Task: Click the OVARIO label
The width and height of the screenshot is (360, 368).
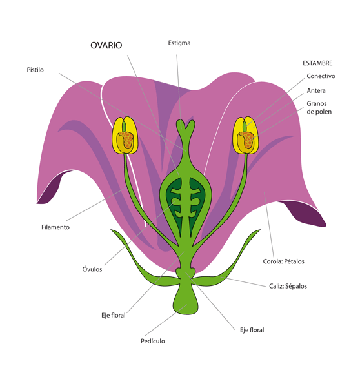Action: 105,46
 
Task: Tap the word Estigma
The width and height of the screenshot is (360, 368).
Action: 179,43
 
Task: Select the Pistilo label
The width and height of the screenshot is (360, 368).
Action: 35,70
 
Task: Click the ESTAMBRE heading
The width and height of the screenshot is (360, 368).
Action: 317,63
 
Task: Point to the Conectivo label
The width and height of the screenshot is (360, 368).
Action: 321,76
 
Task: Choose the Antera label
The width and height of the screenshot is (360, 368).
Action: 316,90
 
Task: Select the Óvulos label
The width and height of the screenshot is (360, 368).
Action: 92,269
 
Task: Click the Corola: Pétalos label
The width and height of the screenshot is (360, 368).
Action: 284,261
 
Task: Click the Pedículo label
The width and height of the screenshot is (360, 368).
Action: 153,340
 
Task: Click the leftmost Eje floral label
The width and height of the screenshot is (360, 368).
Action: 113,315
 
